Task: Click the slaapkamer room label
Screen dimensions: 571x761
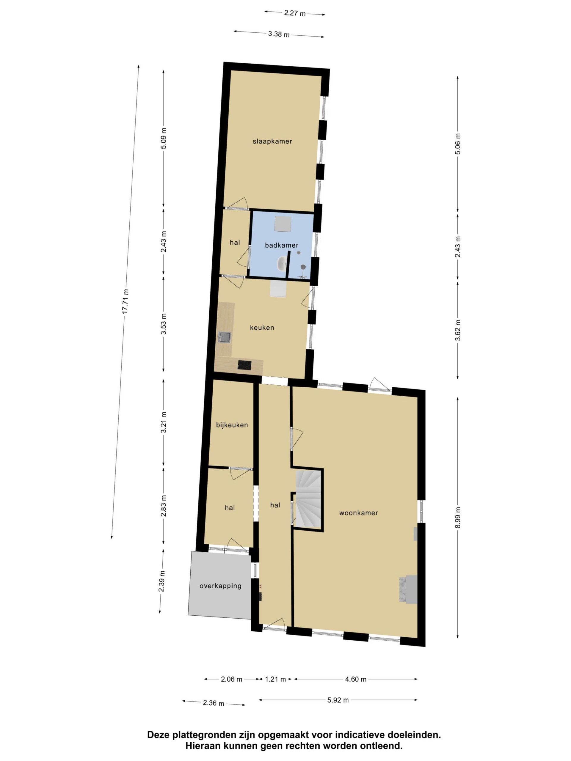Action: [x=272, y=141]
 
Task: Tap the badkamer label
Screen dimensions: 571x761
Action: [x=282, y=245]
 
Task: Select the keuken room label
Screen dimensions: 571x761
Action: [x=262, y=328]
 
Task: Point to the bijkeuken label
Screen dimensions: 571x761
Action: [x=232, y=425]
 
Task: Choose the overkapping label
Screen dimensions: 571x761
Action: [x=221, y=586]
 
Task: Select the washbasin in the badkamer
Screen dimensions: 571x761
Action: [x=282, y=263]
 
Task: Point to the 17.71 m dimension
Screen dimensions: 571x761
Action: [x=126, y=301]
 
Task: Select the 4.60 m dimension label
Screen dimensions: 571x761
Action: [x=356, y=679]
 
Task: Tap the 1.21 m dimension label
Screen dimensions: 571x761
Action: [x=275, y=679]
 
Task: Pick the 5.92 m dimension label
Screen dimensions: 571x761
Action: [x=338, y=700]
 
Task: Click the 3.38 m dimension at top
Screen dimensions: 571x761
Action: [x=279, y=34]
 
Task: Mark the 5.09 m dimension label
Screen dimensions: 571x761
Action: [x=164, y=138]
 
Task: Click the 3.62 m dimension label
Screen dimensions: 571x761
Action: [x=458, y=330]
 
